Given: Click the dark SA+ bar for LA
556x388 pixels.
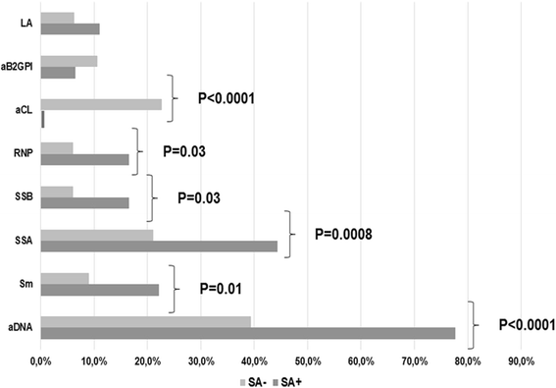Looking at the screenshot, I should tap(70, 28).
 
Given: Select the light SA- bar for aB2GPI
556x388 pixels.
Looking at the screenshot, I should tap(69, 61).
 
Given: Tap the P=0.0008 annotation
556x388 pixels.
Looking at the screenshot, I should tap(348, 235).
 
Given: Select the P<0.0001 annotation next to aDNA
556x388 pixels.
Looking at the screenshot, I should tap(512, 323).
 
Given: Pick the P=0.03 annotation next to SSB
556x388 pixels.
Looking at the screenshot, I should tap(198, 196).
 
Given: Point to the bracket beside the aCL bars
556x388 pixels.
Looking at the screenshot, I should tap(174, 97).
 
